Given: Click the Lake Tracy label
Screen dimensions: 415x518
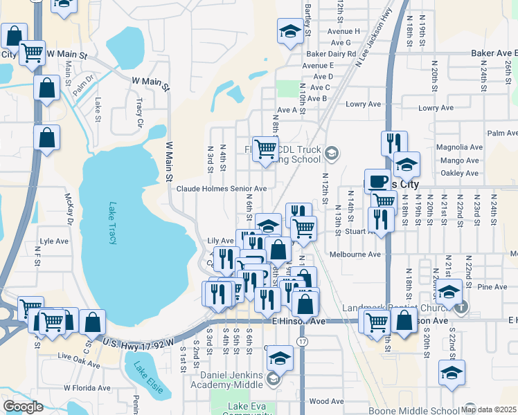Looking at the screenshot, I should coord(112,223).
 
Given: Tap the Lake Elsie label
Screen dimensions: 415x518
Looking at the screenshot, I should coord(149,378).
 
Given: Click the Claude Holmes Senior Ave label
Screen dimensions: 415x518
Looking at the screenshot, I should coord(221,189).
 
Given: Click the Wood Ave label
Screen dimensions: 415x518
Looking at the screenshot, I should coord(327,401).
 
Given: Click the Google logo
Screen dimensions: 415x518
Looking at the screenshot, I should coord(23,407).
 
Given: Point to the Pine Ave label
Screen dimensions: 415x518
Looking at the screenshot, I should coord(492,286).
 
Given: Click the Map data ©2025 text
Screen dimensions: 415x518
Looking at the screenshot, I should coord(488,409).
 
